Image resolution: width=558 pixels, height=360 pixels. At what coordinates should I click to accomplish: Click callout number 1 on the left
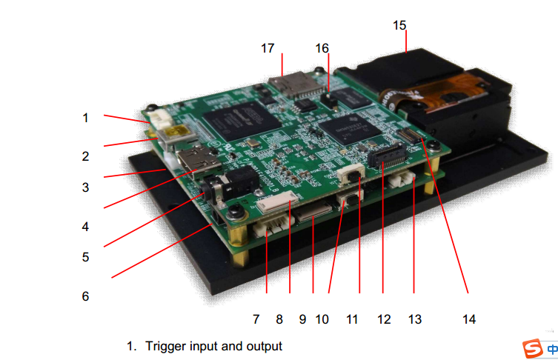click(85, 117)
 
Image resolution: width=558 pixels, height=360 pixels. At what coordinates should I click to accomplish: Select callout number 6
click(85, 296)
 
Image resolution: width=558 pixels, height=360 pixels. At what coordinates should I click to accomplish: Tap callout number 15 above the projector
click(399, 25)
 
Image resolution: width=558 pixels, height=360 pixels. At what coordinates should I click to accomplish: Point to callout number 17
click(268, 48)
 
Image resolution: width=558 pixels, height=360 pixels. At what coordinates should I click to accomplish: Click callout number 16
click(322, 48)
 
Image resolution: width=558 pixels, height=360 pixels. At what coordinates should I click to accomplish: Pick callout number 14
click(468, 319)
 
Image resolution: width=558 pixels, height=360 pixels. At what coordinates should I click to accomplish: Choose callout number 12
click(383, 319)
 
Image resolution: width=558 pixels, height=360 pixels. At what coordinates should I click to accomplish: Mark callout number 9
click(302, 319)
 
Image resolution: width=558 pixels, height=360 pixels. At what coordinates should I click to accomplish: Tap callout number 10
click(322, 319)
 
